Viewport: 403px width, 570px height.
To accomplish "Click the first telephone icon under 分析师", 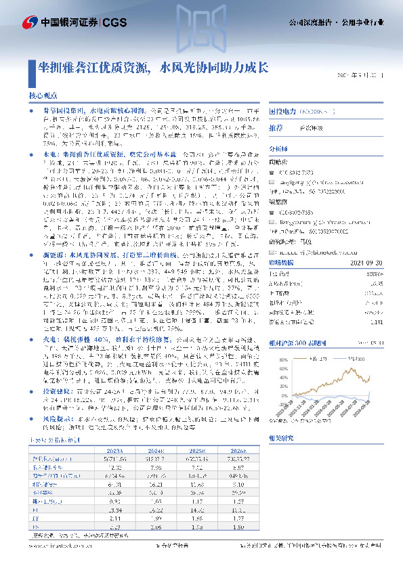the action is click(x=274, y=173).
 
